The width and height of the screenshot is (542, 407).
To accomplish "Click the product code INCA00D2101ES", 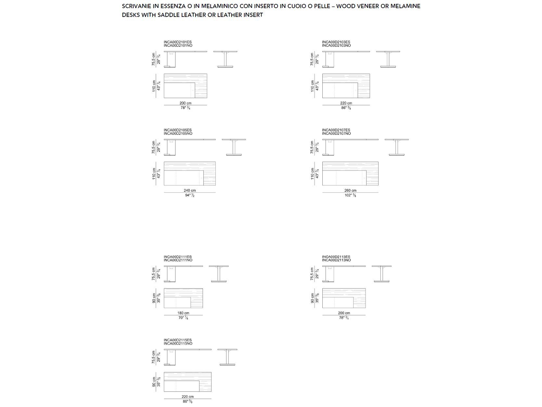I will coord(177,42).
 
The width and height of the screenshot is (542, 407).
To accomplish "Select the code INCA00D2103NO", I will coord(336,46).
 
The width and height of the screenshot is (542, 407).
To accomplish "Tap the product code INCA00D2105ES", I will coord(177,130).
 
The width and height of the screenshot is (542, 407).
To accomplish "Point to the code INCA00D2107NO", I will coord(336,134).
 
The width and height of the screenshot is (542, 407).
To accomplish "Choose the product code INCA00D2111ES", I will coord(177,257).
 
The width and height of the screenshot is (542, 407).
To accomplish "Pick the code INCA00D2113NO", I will coord(336,260).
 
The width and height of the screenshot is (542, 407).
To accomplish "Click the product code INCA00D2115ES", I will coord(177,340).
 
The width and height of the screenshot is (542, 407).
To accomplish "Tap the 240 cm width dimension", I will coord(190,190).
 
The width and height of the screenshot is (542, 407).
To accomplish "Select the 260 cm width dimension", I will coord(350,190).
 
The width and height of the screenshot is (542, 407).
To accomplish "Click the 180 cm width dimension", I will coord(183,313).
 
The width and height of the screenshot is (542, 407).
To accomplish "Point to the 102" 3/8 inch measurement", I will coord(350,195).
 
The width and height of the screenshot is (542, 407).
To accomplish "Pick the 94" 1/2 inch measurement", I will coord(190,195).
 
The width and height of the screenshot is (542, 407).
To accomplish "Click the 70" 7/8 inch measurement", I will coord(183,318).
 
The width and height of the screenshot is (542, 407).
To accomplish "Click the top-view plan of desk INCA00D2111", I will coord(183,298).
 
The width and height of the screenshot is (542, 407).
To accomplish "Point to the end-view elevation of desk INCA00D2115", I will coord(227,357).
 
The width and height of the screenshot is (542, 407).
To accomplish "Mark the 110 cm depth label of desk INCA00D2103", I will coord(313,86).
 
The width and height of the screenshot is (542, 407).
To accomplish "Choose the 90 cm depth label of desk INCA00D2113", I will coord(313,298).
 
